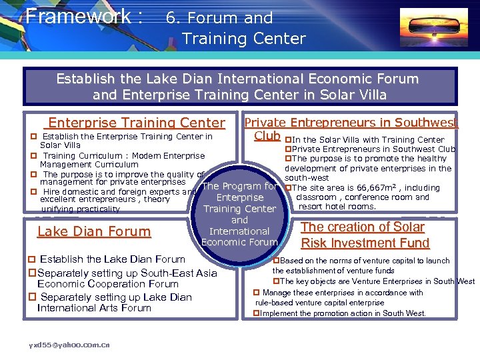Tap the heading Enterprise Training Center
137,123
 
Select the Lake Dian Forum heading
94,231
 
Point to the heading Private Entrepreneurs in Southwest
351,122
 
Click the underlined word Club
267,135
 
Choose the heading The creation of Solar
363,227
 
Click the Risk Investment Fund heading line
365,243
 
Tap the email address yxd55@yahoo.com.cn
69,345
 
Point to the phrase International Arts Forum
94,308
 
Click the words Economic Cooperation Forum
108,283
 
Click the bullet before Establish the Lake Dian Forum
31,259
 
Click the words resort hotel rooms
337,206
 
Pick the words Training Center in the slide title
243,39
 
